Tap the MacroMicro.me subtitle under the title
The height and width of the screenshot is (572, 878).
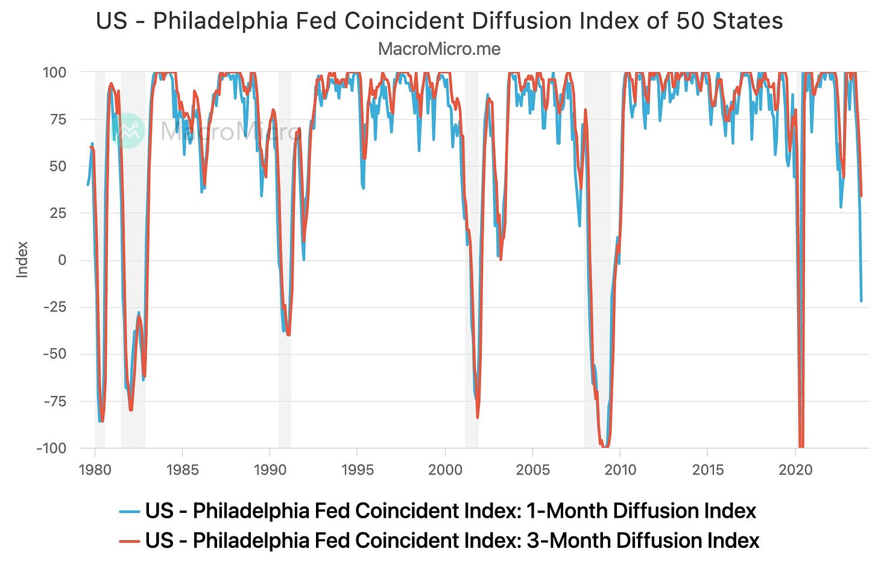(439, 49)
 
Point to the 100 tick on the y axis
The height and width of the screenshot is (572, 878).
(54, 72)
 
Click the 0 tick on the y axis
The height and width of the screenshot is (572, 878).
(62, 260)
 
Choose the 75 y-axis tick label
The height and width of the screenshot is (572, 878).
(57, 119)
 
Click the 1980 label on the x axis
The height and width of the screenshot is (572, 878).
(95, 469)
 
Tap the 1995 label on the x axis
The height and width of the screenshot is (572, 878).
(358, 469)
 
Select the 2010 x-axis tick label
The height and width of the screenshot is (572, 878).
(621, 469)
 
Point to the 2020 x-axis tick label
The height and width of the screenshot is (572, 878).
(795, 469)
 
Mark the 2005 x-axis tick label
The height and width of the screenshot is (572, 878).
(532, 469)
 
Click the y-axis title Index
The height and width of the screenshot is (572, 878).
(22, 259)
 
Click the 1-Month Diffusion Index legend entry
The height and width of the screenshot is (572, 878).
(450, 511)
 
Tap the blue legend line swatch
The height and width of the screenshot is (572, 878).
(130, 512)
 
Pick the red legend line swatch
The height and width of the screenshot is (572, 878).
(130, 541)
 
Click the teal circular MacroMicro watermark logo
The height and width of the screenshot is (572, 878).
(128, 130)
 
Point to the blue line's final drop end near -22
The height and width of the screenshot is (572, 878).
(861, 300)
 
